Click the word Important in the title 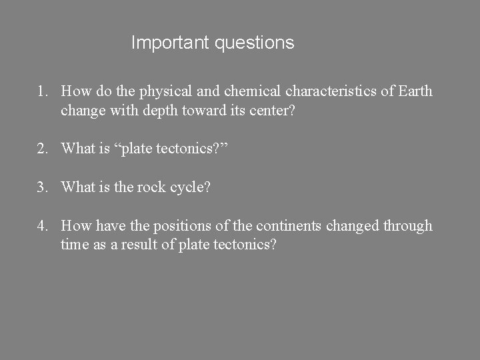point(171,43)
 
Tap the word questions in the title point(255,43)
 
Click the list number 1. point(41,91)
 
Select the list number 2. point(41,148)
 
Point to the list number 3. point(41,187)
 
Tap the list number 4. point(41,226)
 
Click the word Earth point(416,91)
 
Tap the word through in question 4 point(407,226)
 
